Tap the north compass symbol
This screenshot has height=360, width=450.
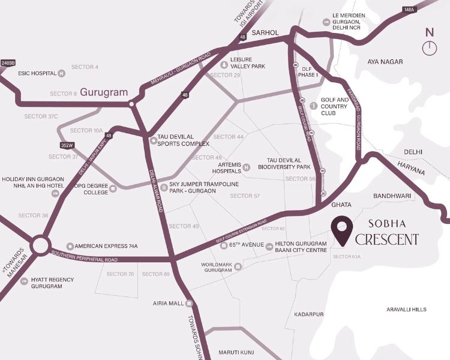pos(430,44)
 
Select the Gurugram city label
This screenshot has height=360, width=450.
pos(104,92)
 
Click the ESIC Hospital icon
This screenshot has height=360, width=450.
pos(61,74)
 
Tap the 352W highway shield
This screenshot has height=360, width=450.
pos(67,145)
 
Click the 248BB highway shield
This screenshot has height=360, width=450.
pos(7,62)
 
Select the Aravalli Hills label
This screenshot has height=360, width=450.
pos(406,309)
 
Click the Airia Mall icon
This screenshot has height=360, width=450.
pos(189,303)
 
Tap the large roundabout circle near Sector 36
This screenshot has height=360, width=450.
pos(41,245)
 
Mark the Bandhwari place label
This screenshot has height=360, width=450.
pos(392,196)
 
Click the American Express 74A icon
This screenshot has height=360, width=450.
pos(70,246)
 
